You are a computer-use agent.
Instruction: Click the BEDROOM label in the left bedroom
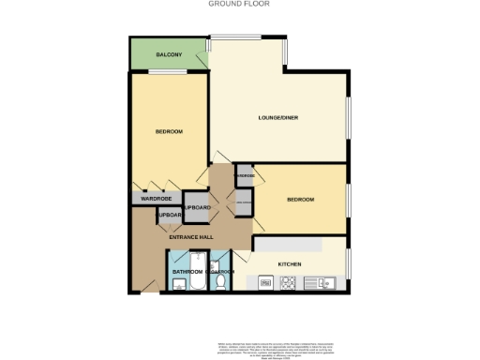(x=169, y=131)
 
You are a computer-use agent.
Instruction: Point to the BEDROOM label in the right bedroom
(x=300, y=200)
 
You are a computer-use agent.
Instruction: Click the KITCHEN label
(x=289, y=264)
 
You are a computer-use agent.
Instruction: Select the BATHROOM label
(x=187, y=272)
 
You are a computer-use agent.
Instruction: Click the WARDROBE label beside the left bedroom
(x=156, y=199)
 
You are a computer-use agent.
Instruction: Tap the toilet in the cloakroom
(x=219, y=282)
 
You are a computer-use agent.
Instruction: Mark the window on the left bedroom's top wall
(x=170, y=71)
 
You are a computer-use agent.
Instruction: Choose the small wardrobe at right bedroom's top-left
(x=245, y=175)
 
